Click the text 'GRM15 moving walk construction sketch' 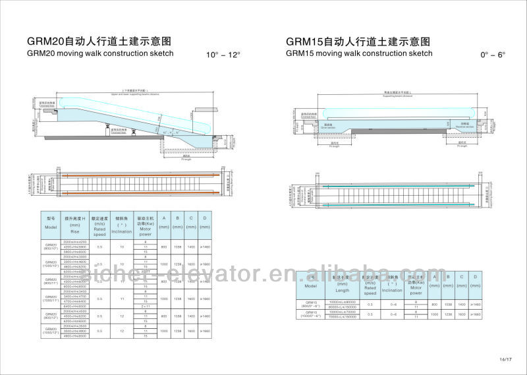(x=359, y=53)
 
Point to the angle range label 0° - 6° (x=493, y=55)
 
